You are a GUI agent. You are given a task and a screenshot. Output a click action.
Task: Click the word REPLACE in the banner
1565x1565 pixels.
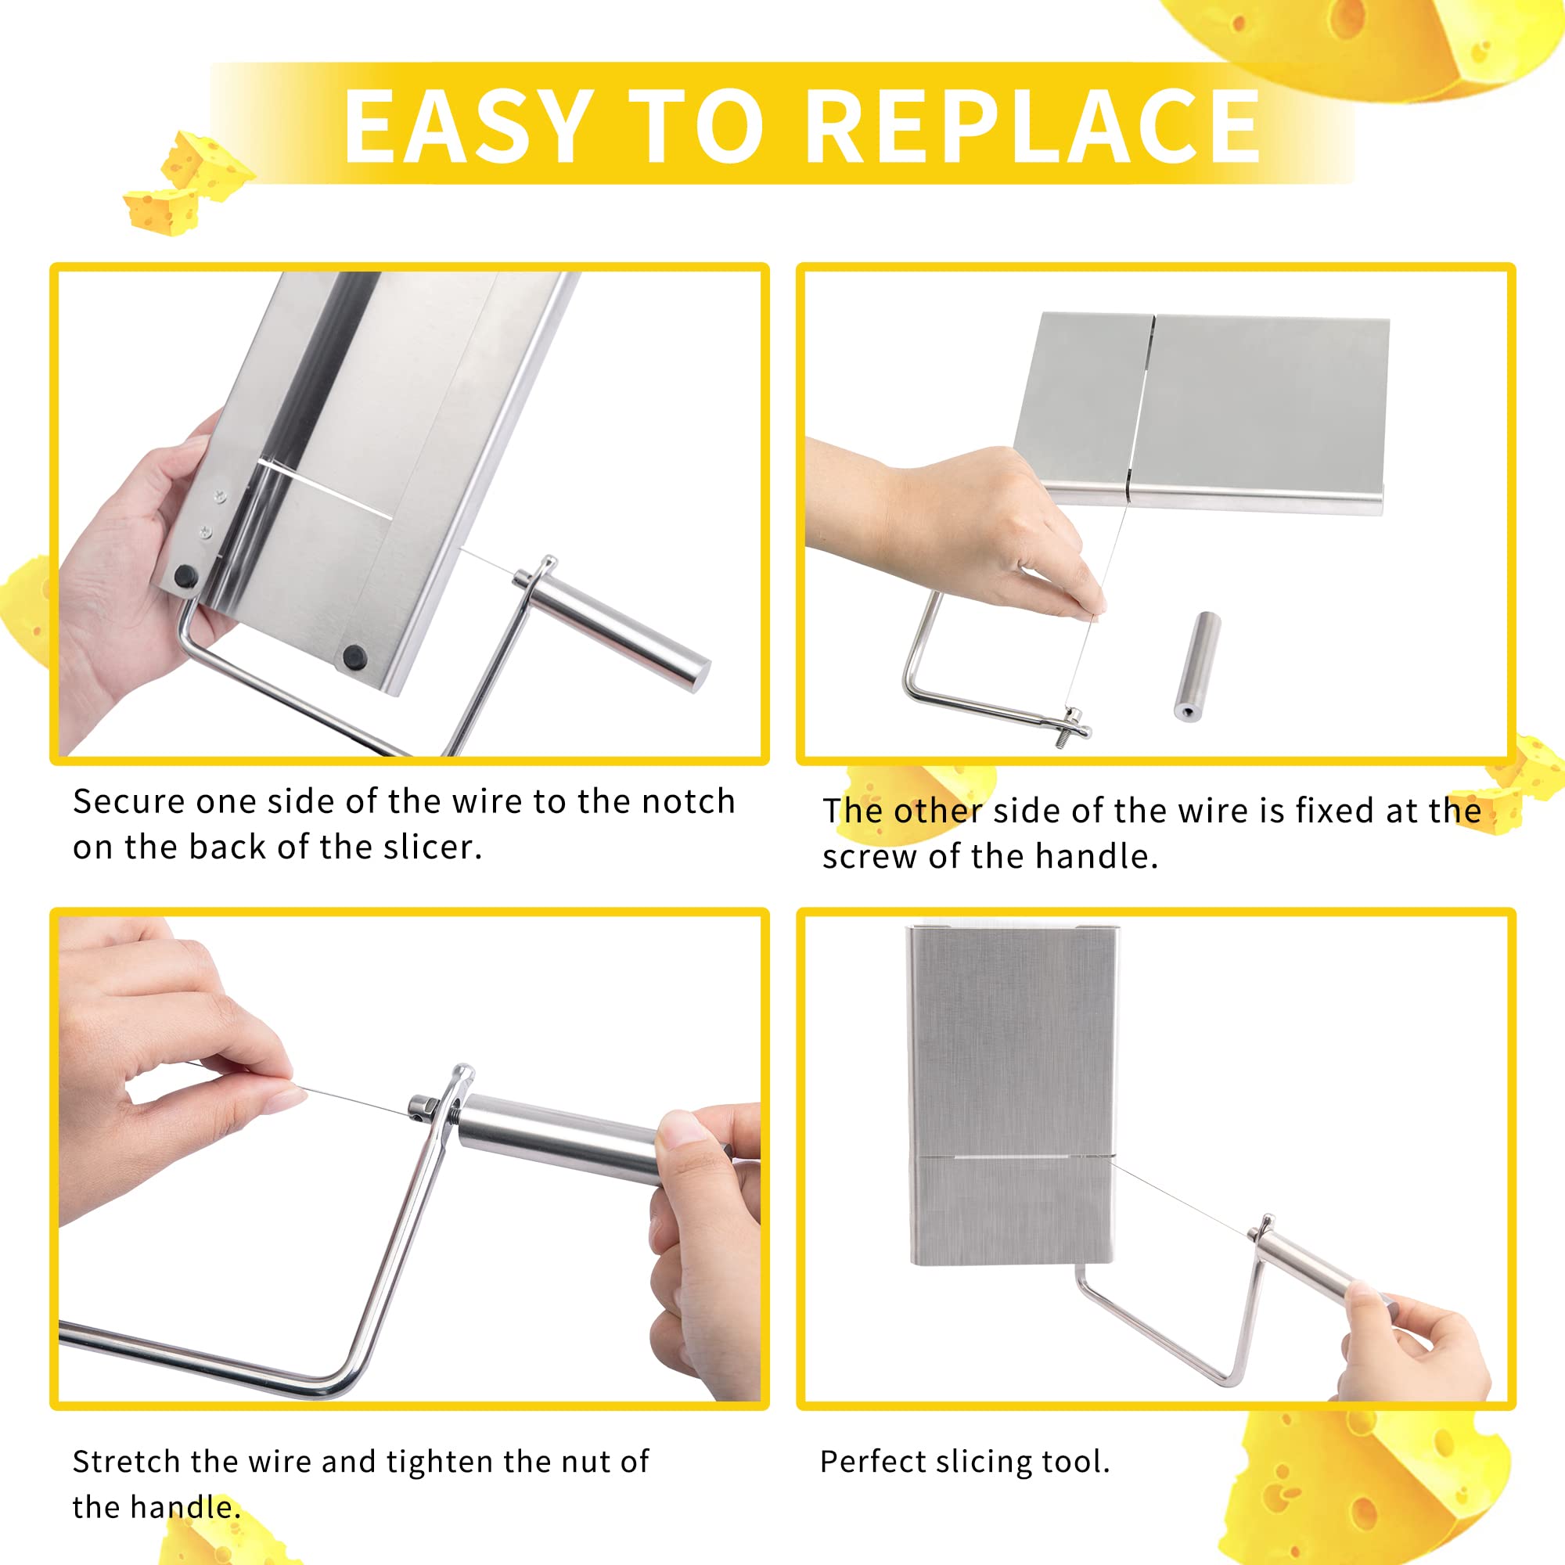(1034, 125)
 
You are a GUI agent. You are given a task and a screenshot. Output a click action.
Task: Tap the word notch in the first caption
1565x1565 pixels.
(688, 801)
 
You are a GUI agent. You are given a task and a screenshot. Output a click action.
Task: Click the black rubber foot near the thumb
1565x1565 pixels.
(186, 577)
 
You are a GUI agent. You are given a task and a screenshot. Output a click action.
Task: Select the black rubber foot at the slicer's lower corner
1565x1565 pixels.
(353, 657)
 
